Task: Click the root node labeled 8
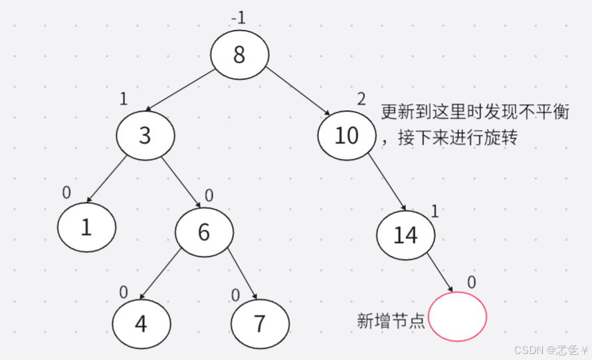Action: pyautogui.click(x=240, y=54)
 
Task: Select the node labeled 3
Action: pyautogui.click(x=146, y=135)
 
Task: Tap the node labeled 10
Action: pyautogui.click(x=346, y=135)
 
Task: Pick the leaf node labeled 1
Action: pyautogui.click(x=86, y=227)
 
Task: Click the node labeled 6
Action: pyautogui.click(x=204, y=231)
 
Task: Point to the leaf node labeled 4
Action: pyautogui.click(x=141, y=323)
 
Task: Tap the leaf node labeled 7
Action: pyautogui.click(x=260, y=323)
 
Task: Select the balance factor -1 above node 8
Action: pyautogui.click(x=238, y=18)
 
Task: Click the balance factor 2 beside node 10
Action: pyautogui.click(x=361, y=100)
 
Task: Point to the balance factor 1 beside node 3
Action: pyautogui.click(x=123, y=100)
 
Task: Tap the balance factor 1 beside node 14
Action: pyautogui.click(x=435, y=211)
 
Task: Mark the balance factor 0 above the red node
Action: pyautogui.click(x=471, y=282)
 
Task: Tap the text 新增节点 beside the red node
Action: pyautogui.click(x=391, y=321)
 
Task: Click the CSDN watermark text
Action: pyautogui.click(x=549, y=349)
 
